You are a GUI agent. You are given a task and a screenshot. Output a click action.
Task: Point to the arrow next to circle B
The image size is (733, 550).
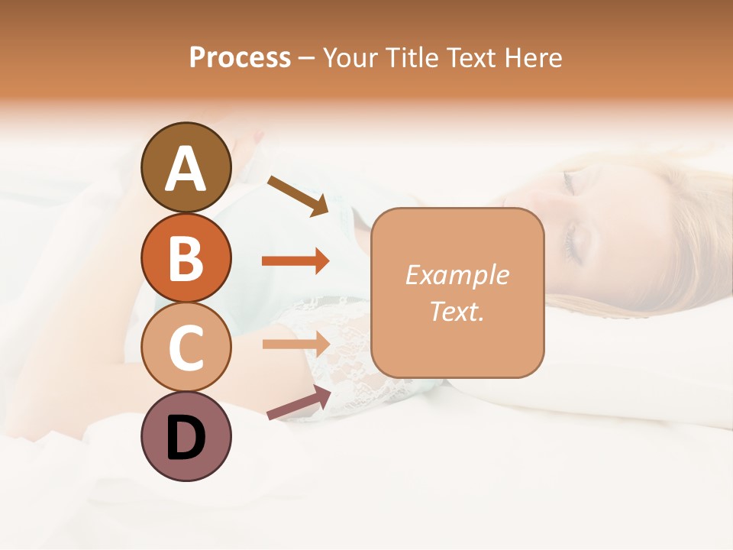(295, 261)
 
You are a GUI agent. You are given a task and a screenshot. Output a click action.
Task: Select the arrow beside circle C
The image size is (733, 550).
(296, 344)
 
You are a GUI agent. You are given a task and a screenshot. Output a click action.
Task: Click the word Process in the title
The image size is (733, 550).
(240, 57)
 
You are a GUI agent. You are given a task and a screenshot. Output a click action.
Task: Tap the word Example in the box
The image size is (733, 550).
(457, 275)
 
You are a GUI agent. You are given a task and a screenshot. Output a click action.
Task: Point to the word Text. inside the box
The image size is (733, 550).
(457, 311)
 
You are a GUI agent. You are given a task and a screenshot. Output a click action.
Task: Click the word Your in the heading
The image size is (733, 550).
(348, 57)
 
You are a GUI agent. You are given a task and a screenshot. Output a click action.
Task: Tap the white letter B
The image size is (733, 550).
(186, 258)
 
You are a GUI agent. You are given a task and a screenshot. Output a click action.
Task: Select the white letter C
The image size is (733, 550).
(186, 348)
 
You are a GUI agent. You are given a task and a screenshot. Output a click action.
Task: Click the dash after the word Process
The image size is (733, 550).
(307, 59)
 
